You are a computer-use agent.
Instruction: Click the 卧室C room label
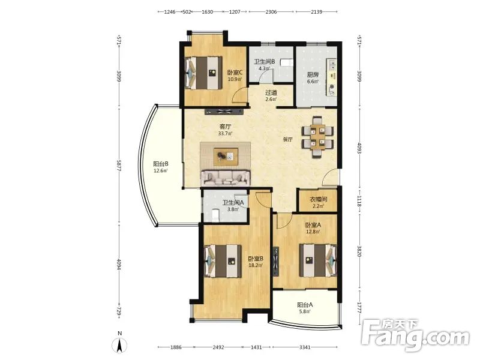pyautogui.click(x=235, y=73)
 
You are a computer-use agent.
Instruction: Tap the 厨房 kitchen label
pyautogui.click(x=313, y=74)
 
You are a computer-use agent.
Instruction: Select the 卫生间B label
pyautogui.click(x=265, y=62)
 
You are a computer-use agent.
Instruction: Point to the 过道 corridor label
pyautogui.click(x=271, y=92)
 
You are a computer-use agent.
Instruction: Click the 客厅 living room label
pyautogui.click(x=226, y=126)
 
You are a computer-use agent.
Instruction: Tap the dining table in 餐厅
pyautogui.click(x=317, y=137)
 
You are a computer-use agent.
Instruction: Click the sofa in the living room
pyautogui.click(x=225, y=178)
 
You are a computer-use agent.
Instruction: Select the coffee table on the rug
pyautogui.click(x=226, y=157)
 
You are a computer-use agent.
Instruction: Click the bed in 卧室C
pyautogui.click(x=203, y=73)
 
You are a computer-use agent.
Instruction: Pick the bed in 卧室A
pyautogui.click(x=318, y=260)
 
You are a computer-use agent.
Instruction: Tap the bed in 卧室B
pyautogui.click(x=223, y=261)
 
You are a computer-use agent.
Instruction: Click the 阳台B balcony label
pyautogui.click(x=161, y=164)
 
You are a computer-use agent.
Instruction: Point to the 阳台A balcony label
pyautogui.click(x=305, y=305)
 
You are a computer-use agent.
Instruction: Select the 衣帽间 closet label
pyautogui.click(x=319, y=199)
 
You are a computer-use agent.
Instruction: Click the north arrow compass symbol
pyautogui.click(x=120, y=343)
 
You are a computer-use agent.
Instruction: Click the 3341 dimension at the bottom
pyautogui.click(x=305, y=347)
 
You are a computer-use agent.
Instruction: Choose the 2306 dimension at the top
pyautogui.click(x=271, y=12)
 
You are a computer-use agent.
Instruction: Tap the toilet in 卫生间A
pyautogui.click(x=215, y=214)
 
